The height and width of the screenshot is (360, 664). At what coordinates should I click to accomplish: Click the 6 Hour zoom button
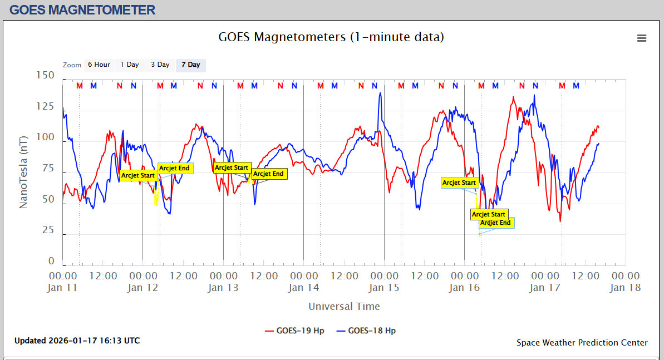tap(99, 65)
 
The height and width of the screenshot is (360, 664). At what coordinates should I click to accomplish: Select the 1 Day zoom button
tap(130, 65)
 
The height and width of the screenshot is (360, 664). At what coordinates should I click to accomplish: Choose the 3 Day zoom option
tap(160, 65)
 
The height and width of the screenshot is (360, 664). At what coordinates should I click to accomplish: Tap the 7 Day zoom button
tap(191, 65)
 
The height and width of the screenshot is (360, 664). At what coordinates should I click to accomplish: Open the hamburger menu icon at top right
tap(642, 38)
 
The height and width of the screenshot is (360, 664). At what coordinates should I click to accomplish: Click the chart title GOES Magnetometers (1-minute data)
tap(331, 37)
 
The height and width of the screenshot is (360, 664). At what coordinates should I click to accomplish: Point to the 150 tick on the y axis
tap(45, 75)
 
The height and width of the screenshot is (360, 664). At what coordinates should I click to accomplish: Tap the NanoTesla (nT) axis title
tap(23, 171)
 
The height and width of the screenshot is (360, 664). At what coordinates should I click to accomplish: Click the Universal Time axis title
tap(344, 306)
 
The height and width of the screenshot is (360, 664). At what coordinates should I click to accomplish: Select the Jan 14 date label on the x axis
tap(304, 288)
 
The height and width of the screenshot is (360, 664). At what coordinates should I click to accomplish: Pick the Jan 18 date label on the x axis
tap(625, 288)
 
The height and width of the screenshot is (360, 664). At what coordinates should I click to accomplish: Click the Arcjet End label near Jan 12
tap(175, 168)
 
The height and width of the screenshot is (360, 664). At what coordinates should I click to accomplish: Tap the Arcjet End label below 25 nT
tap(495, 223)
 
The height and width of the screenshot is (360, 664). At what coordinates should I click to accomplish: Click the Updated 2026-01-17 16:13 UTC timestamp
tap(77, 341)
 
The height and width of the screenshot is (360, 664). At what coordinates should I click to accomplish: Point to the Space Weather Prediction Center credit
tap(582, 343)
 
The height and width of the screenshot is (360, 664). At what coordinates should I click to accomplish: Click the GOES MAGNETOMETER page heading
tap(82, 9)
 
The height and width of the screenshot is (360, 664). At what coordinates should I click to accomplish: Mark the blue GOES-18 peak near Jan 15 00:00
tap(380, 93)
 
